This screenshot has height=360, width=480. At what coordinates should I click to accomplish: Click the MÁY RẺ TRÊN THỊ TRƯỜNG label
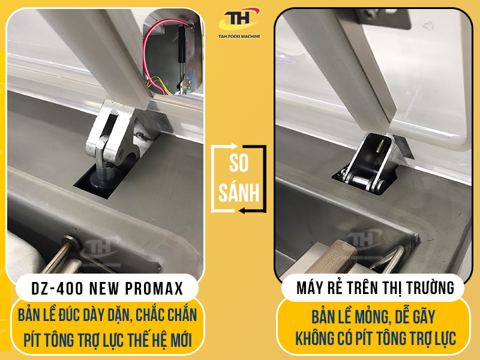pos(375,288)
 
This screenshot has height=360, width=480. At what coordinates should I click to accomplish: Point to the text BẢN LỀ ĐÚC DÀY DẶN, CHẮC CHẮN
pos(107,314)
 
